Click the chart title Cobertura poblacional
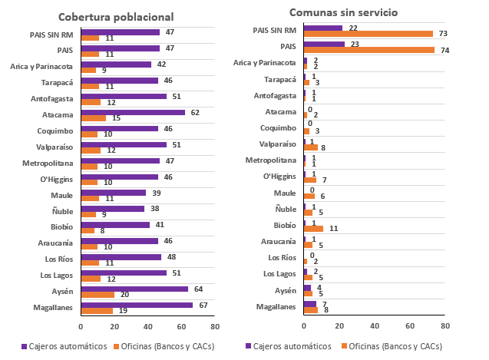click(126, 16)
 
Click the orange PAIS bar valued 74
click(369, 50)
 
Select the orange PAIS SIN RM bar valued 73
click(368, 34)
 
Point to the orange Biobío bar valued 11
click(313, 229)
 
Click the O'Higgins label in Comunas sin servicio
click(277, 177)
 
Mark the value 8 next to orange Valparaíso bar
click(323, 147)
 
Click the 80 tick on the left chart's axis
click(215, 326)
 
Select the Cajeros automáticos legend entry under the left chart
click(68, 346)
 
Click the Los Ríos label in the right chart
click(281, 257)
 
